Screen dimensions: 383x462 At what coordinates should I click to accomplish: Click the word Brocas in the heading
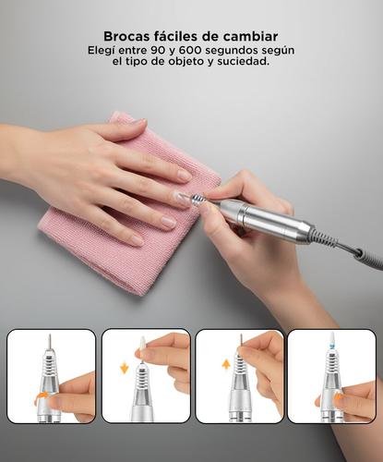(x=126, y=36)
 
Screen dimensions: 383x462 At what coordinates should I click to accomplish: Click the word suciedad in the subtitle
(x=243, y=61)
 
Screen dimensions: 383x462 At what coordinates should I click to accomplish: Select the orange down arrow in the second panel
(x=125, y=368)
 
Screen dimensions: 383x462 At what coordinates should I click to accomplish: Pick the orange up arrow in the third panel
(x=226, y=366)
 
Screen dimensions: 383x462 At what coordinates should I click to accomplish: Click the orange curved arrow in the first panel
(x=41, y=398)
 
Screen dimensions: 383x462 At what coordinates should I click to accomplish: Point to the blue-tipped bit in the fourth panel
(x=332, y=341)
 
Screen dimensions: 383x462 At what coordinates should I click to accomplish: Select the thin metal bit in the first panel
(x=49, y=342)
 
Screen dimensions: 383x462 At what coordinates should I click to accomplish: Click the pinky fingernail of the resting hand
(x=138, y=240)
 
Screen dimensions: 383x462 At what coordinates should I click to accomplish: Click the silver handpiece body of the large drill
(x=268, y=219)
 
